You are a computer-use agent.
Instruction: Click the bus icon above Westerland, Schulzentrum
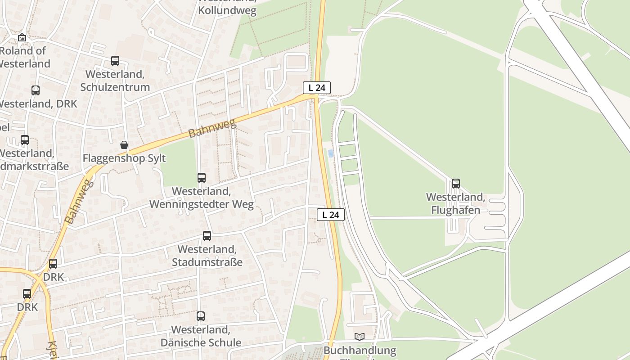115,61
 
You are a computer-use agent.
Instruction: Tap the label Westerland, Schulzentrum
115,81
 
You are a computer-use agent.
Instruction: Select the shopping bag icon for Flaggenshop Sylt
124,145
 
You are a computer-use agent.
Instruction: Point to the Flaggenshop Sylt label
124,158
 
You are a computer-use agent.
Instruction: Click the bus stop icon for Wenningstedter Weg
202,178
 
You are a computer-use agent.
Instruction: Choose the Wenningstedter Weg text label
201,205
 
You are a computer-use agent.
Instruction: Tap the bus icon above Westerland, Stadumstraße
207,235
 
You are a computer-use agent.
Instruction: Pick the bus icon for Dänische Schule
201,316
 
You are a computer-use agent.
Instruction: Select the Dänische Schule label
201,342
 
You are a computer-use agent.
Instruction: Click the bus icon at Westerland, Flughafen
456,184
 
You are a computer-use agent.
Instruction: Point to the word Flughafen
456,210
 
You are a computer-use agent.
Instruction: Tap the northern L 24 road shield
317,88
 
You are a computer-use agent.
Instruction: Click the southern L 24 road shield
331,215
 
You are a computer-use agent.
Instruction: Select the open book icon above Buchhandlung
360,337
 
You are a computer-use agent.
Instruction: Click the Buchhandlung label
360,350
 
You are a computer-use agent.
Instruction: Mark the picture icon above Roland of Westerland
22,38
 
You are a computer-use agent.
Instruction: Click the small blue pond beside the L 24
331,153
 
